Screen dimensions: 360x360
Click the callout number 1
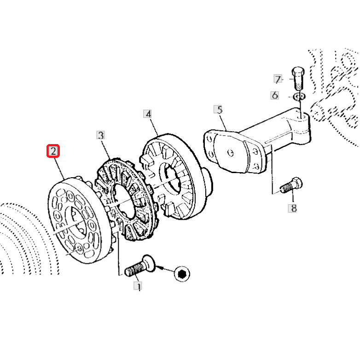pos(138,286)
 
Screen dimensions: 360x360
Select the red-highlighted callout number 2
pos(53,151)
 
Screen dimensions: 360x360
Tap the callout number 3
pos(100,135)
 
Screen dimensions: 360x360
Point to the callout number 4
pos(148,114)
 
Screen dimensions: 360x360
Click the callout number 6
pos(274,95)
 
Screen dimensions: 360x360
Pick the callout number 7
pos(278,79)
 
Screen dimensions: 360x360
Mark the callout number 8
pos(292,208)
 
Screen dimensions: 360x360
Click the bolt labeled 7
pos(298,78)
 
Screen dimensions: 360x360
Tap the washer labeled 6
pos(299,96)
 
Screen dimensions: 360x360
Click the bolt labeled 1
pos(140,266)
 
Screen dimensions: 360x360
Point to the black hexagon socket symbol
pos(182,274)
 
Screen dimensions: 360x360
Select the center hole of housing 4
pos(171,178)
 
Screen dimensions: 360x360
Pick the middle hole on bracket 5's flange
pos(231,153)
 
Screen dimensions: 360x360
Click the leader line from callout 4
pos(153,127)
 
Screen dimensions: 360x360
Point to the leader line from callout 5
pos(223,122)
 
